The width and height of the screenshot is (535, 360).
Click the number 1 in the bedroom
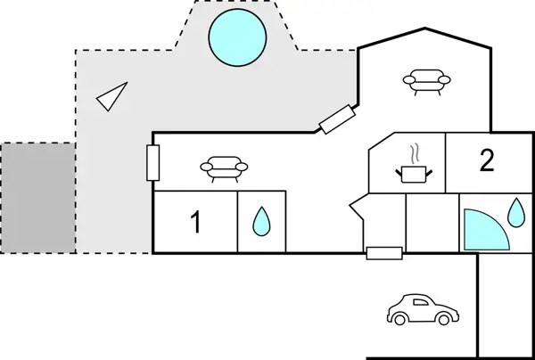coord(197,223)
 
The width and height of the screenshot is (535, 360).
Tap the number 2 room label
coord(486,161)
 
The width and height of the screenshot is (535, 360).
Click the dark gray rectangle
coord(37,197)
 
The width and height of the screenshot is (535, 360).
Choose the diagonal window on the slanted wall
coord(338,119)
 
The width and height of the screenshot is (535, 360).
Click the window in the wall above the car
coord(383,254)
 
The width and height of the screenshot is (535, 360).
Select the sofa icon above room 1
coord(221,167)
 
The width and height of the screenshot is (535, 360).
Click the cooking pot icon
coord(412,173)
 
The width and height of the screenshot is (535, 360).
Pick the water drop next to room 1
coord(260,221)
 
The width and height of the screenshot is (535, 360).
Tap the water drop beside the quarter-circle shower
coord(515,212)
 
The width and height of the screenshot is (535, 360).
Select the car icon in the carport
coord(424,309)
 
